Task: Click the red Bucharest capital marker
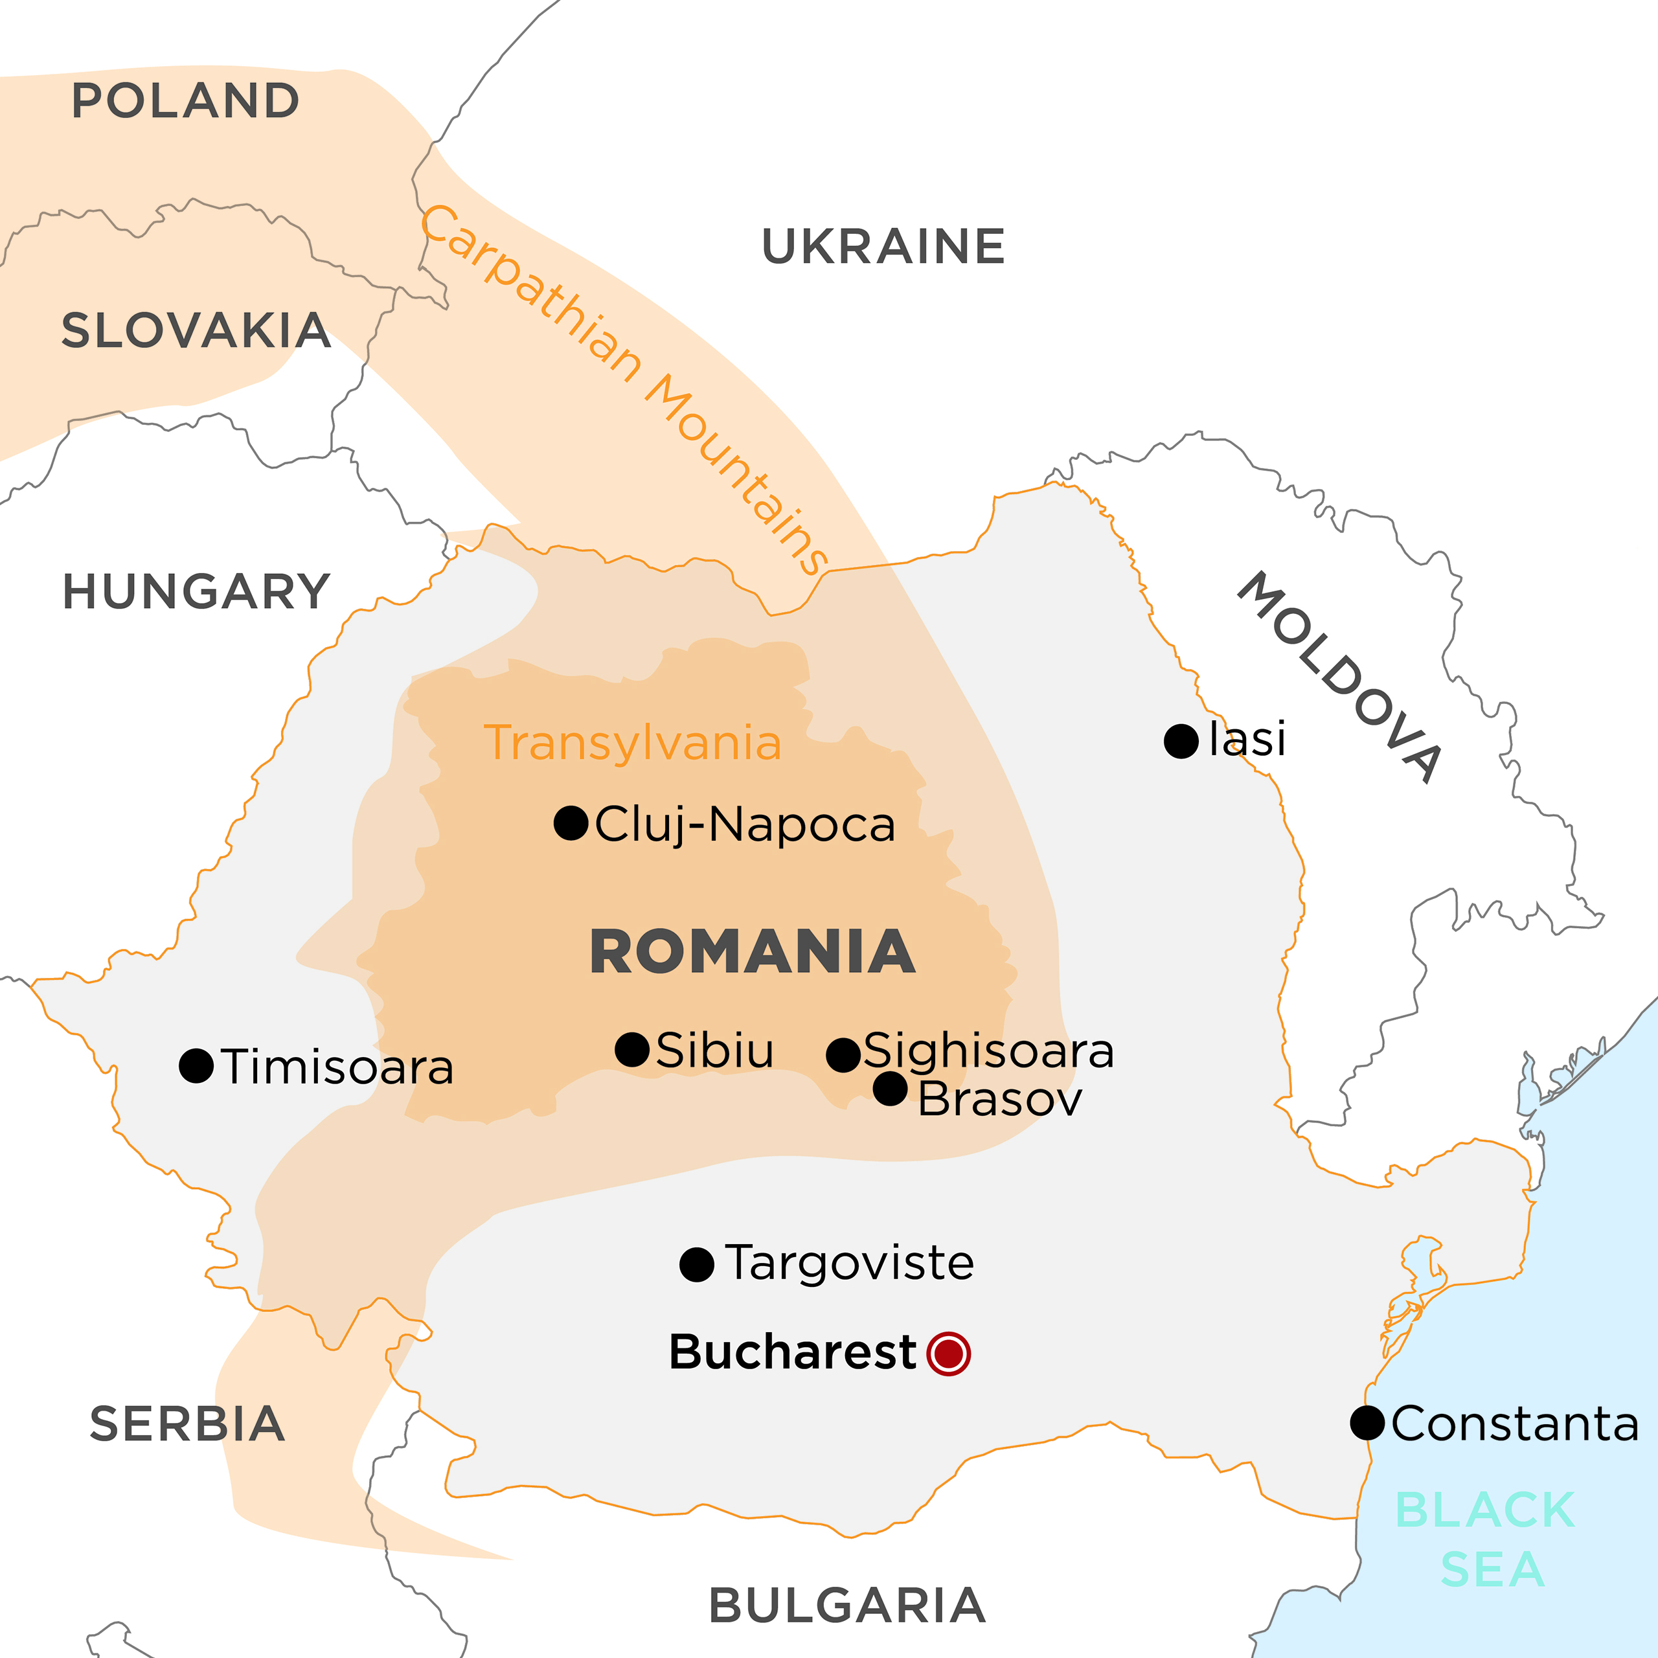tap(948, 1354)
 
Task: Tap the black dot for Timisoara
tap(196, 1066)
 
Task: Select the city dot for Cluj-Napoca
tap(571, 823)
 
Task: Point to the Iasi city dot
tap(1181, 741)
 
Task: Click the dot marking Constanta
tap(1367, 1423)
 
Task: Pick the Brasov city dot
tap(890, 1089)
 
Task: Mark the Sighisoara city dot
tap(843, 1054)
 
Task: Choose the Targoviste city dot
tap(697, 1265)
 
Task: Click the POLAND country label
tap(185, 101)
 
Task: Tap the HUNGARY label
tap(196, 592)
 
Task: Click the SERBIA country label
tap(187, 1425)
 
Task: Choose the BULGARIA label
tap(847, 1606)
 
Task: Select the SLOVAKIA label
tap(196, 331)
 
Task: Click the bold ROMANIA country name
tap(753, 953)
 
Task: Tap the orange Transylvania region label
tap(633, 743)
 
